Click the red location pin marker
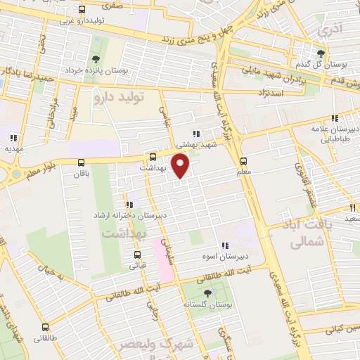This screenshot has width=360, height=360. tap(181, 166)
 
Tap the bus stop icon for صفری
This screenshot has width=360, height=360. tap(82, 10)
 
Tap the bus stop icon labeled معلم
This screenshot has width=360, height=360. tap(243, 160)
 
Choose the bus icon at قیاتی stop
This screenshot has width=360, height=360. tap(137, 255)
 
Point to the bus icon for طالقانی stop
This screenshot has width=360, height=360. tap(46, 327)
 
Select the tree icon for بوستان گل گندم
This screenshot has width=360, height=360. tap(321, 53)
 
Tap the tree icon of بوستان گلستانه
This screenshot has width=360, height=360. tap(207, 293)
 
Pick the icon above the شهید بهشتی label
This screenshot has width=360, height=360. tap(197, 134)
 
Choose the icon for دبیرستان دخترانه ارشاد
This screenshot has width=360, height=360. tap(129, 205)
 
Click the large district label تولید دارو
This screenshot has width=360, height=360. tap(119, 98)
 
